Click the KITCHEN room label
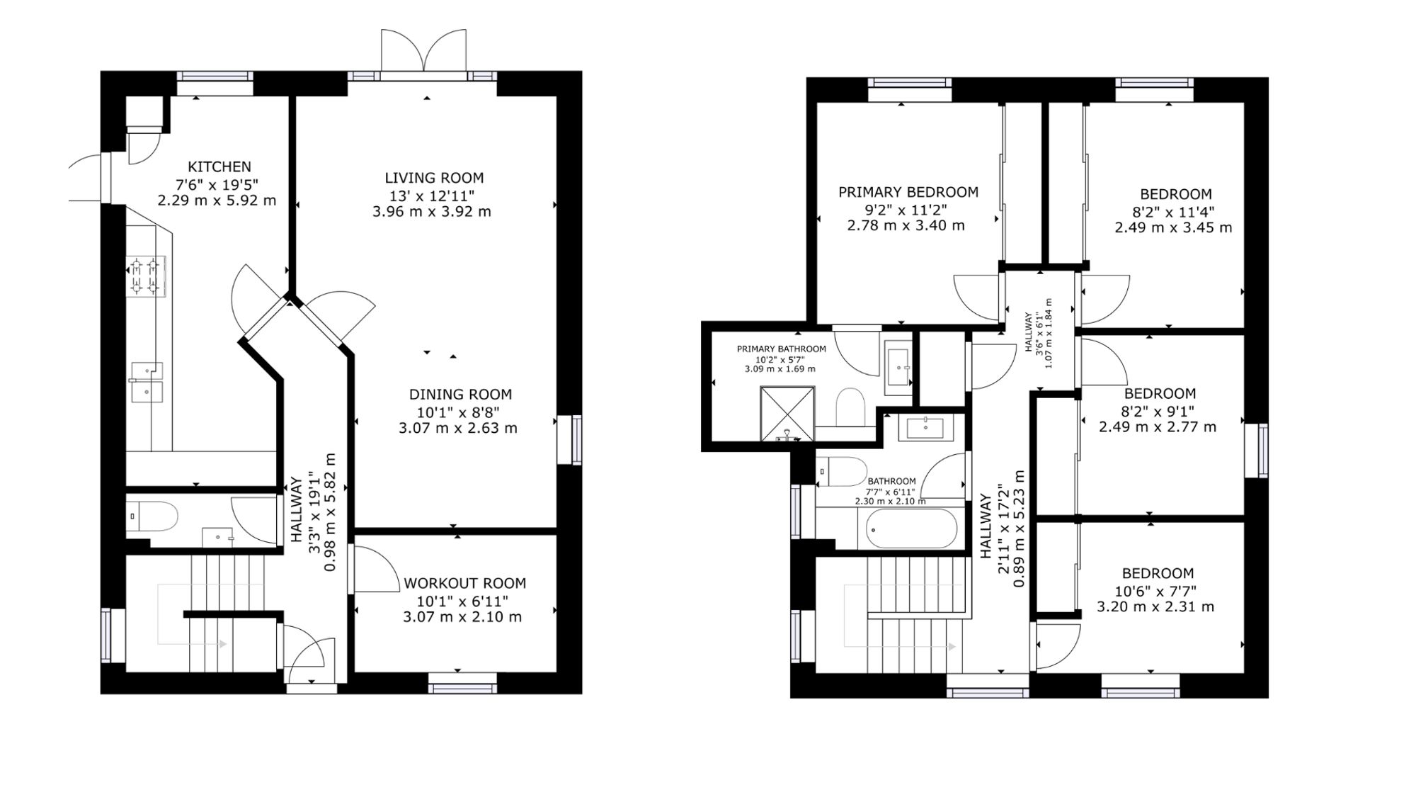[x=219, y=166]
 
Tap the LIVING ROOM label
[x=434, y=178]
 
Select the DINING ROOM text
[x=460, y=395]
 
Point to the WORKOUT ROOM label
[x=464, y=583]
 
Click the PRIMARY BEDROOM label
[x=908, y=192]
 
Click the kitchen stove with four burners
[x=146, y=276]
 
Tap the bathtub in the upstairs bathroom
[x=912, y=528]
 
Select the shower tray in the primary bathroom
[x=787, y=413]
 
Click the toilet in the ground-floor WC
[x=152, y=516]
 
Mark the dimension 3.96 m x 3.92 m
[x=432, y=211]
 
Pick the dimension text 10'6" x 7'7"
[x=1158, y=591]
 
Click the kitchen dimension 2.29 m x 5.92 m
[x=217, y=200]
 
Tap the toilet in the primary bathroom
[x=850, y=407]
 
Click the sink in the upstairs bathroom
[x=925, y=428]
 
